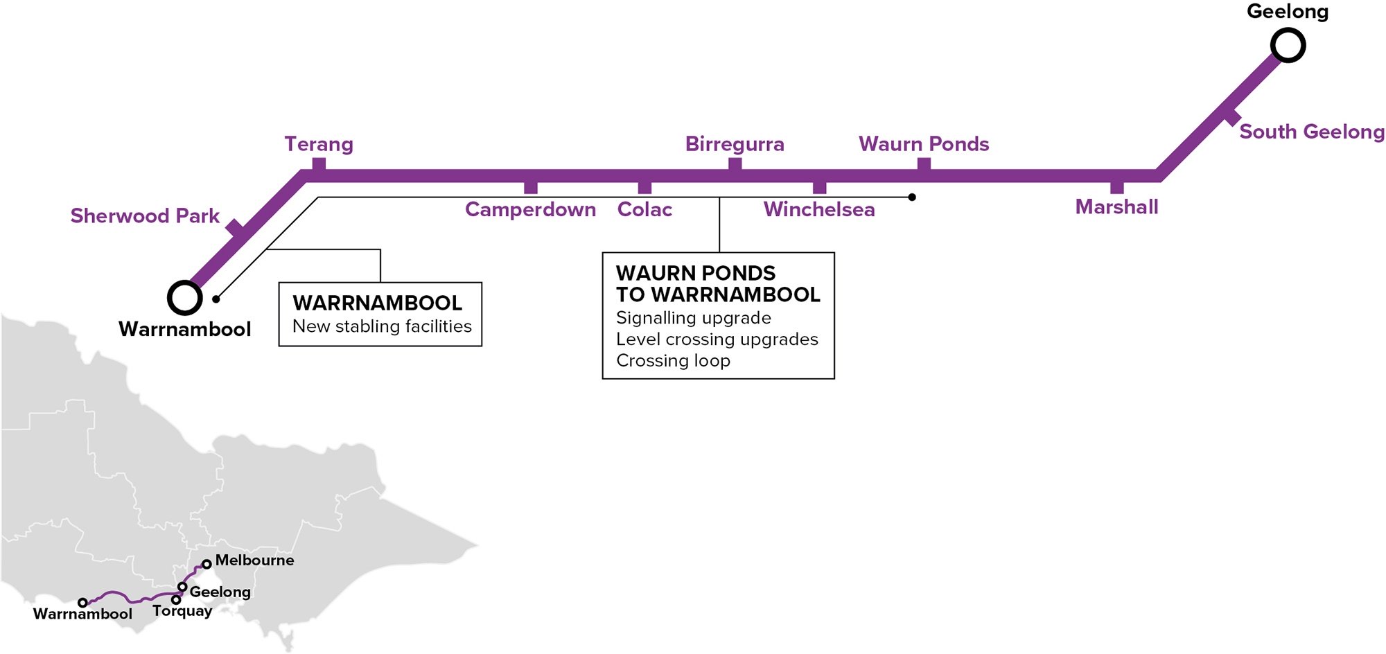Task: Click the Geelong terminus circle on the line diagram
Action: [1288, 46]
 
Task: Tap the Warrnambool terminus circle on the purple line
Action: [185, 298]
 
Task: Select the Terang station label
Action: [319, 144]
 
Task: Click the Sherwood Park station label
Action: [145, 216]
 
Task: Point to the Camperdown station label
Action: [530, 209]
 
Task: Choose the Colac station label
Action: [644, 209]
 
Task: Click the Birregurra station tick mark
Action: [735, 164]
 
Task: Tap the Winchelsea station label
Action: [819, 209]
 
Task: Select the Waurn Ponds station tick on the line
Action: [924, 164]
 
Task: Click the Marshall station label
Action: [1116, 207]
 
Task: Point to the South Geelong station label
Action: [1311, 132]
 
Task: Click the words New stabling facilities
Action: [382, 326]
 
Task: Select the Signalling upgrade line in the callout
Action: [693, 318]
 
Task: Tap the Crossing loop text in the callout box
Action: [673, 361]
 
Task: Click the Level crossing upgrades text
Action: [717, 339]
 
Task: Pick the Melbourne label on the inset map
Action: [254, 560]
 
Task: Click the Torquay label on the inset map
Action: [182, 611]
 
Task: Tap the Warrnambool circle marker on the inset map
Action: [82, 603]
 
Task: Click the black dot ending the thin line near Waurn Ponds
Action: [912, 197]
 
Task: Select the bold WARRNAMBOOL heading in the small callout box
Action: [377, 303]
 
